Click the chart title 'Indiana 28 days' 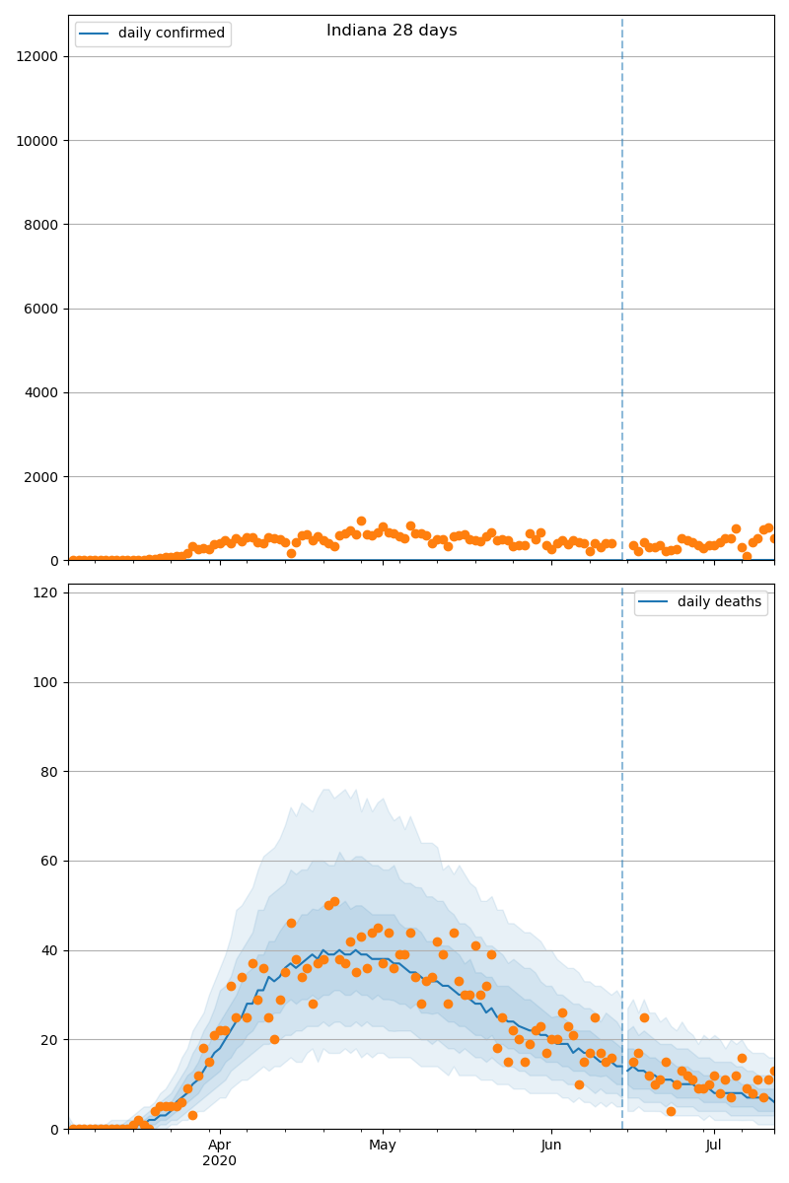[x=392, y=31]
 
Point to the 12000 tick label [x=40, y=56]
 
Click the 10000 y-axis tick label [x=40, y=140]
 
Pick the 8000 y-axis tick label [x=44, y=225]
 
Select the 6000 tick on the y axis [x=44, y=309]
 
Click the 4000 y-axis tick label [x=44, y=392]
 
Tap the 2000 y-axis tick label [x=44, y=476]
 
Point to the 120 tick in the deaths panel [x=47, y=592]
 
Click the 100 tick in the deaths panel [x=47, y=682]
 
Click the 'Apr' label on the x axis [x=219, y=1145]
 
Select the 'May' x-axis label [x=383, y=1145]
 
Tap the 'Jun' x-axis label [x=550, y=1145]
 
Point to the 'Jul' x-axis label [x=714, y=1145]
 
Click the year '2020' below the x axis [x=219, y=1160]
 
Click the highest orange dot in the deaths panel [x=334, y=901]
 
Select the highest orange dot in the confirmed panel [x=361, y=521]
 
